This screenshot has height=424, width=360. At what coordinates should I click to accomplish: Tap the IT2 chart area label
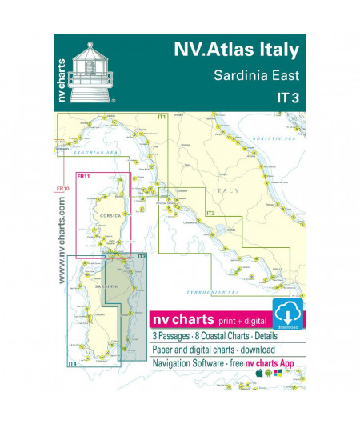[210, 214]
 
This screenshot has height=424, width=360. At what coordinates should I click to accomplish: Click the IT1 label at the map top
[162, 118]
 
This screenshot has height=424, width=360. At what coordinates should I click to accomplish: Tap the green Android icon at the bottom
[269, 372]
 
